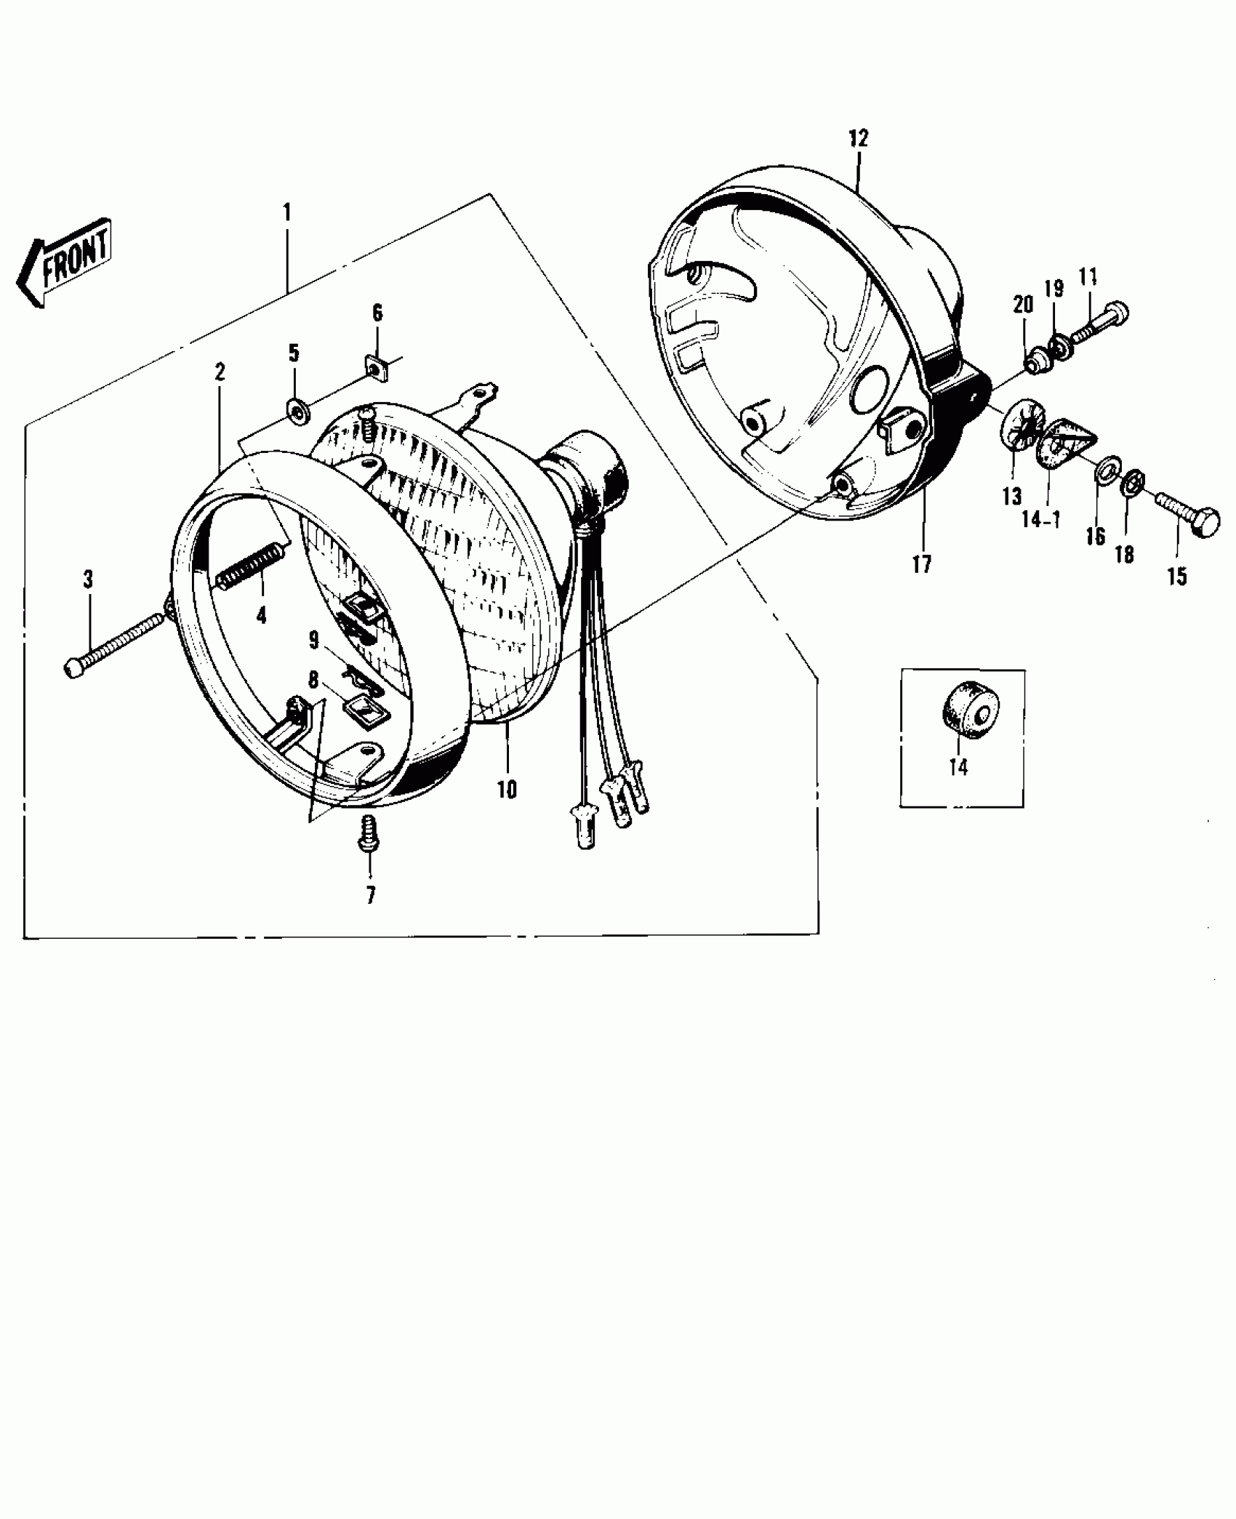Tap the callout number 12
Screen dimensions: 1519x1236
pos(859,138)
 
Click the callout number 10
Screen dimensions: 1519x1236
pos(507,789)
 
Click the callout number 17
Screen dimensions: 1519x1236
pos(922,564)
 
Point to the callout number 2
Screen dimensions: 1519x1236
pos(220,372)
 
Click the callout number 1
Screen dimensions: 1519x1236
pos(287,212)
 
